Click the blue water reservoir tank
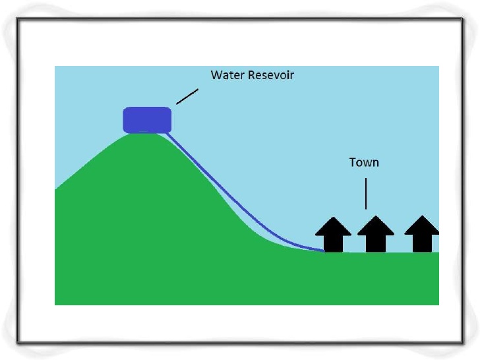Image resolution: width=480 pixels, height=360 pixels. point(147,119)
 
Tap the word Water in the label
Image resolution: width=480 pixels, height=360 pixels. point(226,75)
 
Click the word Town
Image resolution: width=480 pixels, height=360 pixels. point(364,162)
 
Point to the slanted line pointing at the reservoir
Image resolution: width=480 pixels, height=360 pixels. point(187,96)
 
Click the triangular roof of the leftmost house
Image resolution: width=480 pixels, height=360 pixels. point(334,226)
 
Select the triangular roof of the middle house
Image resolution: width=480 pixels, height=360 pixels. point(375,226)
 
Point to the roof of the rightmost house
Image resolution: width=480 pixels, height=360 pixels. point(421,226)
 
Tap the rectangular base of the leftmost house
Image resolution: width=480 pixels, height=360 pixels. point(334,243)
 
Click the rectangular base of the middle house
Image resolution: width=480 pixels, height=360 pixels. point(375,243)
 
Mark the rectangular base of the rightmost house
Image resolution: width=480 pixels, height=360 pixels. point(421,243)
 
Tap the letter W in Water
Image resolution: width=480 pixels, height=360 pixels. point(216,75)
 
